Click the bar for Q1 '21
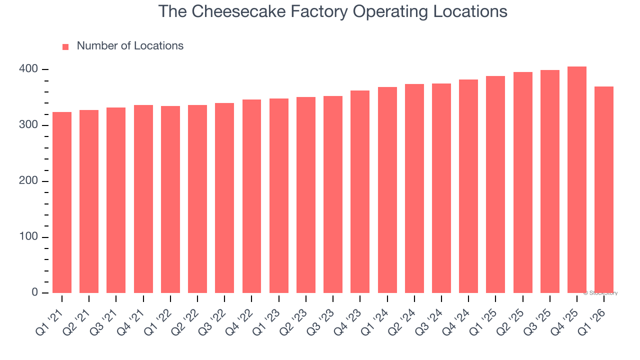62,202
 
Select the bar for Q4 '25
577,180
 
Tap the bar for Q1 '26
604,190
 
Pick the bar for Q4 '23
360,192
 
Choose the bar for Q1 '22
170,199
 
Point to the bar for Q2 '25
523,182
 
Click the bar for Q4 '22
251,196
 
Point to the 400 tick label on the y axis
28,69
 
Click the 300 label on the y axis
28,125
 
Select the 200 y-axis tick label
28,181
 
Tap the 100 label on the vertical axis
28,237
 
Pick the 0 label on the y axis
34,292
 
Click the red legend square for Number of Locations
65,47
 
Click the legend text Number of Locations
130,46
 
